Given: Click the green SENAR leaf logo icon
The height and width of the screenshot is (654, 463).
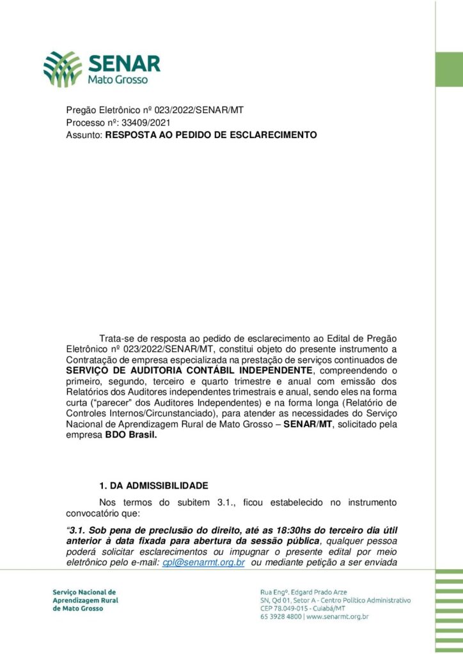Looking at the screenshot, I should [x=63, y=69].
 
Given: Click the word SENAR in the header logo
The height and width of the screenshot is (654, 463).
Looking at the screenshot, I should [x=125, y=64].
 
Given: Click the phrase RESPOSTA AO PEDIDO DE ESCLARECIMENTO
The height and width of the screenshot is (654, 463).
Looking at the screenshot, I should [x=211, y=135].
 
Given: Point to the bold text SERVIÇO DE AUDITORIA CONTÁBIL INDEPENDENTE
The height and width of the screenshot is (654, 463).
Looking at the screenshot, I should [x=191, y=370].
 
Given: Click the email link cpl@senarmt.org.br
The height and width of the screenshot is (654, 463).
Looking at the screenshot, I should [x=203, y=563].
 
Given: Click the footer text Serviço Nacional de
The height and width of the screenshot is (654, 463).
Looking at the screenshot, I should [x=84, y=592].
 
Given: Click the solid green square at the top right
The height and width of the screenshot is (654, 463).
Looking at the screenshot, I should [x=449, y=70].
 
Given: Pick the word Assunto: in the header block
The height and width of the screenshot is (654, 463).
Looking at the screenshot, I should [x=84, y=135].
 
